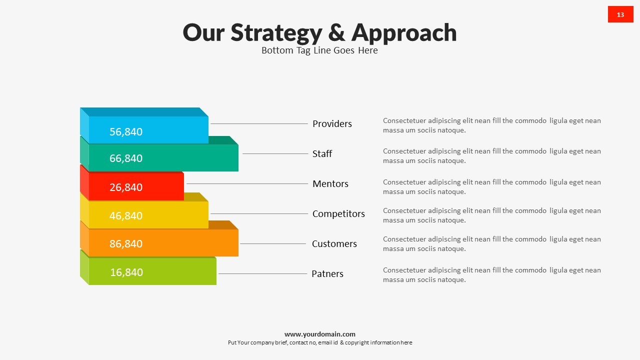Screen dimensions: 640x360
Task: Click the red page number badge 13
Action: point(620,14)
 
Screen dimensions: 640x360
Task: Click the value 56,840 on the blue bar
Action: point(126,131)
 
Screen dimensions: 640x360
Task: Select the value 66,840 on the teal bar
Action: point(126,158)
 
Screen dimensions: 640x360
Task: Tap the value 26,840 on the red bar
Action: point(126,187)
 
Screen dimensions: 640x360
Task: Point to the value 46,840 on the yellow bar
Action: point(126,215)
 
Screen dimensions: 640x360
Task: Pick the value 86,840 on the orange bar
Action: point(126,243)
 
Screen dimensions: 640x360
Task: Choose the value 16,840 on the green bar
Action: point(126,272)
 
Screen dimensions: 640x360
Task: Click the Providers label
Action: point(332,123)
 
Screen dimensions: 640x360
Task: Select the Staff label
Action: point(322,153)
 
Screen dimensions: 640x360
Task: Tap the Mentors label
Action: point(330,183)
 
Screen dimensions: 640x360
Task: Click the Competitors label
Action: point(338,213)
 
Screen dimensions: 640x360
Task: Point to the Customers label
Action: point(334,243)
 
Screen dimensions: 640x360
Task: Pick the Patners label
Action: point(327,273)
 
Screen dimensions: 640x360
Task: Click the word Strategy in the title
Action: point(276,33)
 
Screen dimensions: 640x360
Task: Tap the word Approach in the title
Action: point(404,33)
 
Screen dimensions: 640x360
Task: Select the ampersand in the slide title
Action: point(337,32)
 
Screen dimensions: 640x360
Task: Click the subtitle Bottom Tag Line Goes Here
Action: point(319,50)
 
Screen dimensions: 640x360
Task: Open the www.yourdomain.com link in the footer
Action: point(320,334)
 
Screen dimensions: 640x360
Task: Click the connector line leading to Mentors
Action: point(247,183)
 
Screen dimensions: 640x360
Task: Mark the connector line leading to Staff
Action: point(275,153)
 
